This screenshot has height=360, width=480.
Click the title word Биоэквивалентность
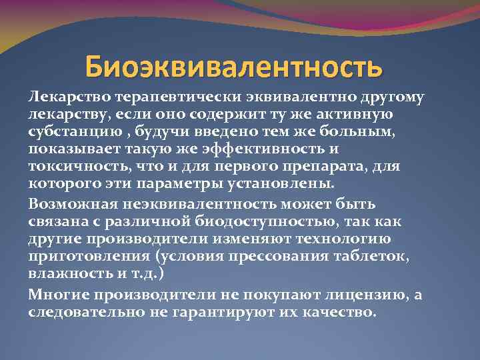point(234,67)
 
